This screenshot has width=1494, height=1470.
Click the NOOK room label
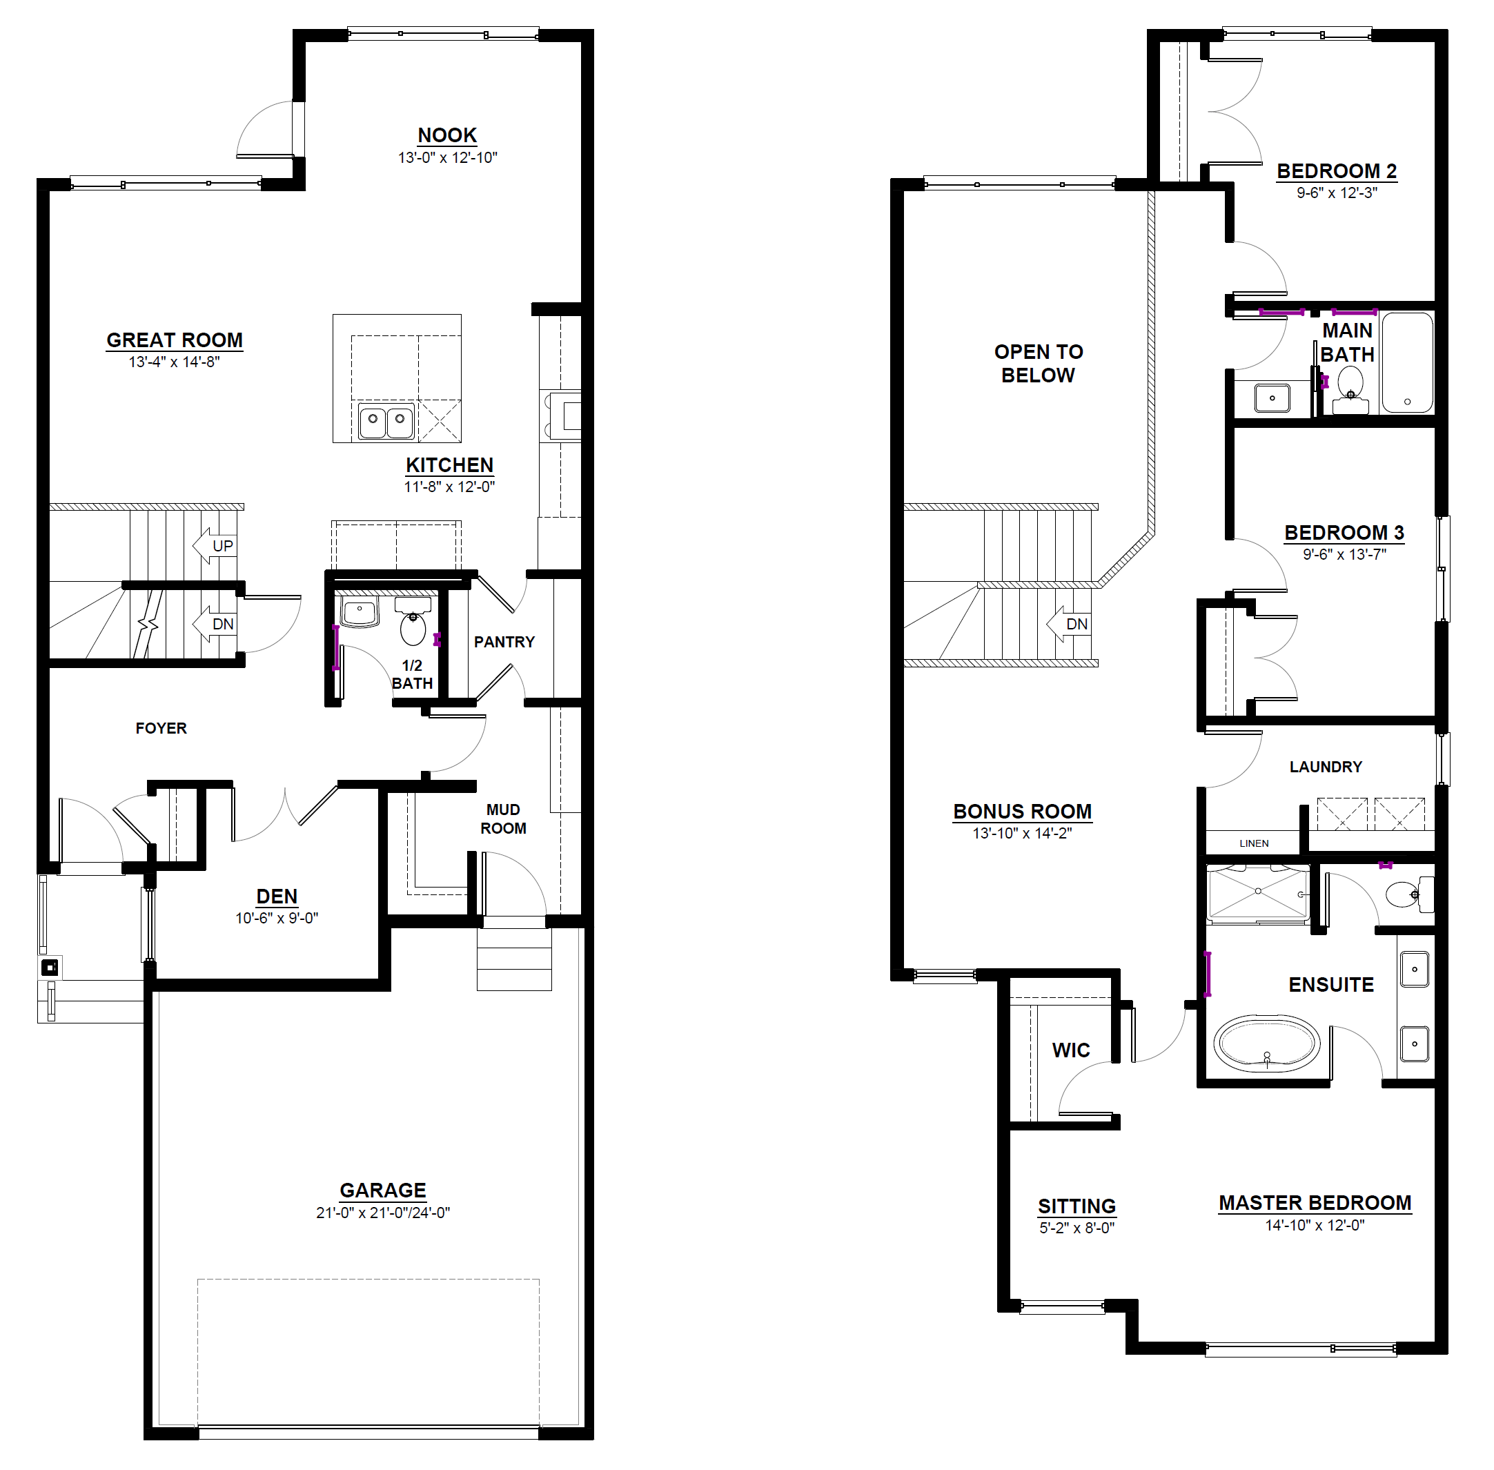click(x=447, y=135)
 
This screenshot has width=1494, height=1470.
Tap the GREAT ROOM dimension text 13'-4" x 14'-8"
click(x=175, y=362)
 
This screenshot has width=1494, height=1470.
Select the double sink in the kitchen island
click(x=386, y=422)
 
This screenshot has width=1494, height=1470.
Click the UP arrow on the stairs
click(x=215, y=546)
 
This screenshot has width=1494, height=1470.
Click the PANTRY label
click(x=504, y=642)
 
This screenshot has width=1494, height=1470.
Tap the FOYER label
click(x=161, y=728)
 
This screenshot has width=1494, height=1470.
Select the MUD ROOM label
click(x=503, y=819)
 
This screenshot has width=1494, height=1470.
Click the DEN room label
click(x=277, y=896)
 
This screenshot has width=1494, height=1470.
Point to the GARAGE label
click(x=383, y=1190)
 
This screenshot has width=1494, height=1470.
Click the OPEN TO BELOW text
click(x=1039, y=364)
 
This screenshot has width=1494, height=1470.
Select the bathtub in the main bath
click(x=1407, y=362)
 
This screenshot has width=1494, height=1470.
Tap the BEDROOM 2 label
click(x=1337, y=170)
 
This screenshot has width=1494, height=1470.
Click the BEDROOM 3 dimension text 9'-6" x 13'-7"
click(x=1344, y=554)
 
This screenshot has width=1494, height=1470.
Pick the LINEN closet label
click(x=1254, y=843)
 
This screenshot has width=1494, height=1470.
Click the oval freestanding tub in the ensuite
click(x=1267, y=1043)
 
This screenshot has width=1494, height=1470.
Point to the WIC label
click(x=1071, y=1050)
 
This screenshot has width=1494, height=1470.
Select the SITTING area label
click(x=1077, y=1206)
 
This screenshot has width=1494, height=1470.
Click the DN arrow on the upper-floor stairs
click(x=1069, y=624)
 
